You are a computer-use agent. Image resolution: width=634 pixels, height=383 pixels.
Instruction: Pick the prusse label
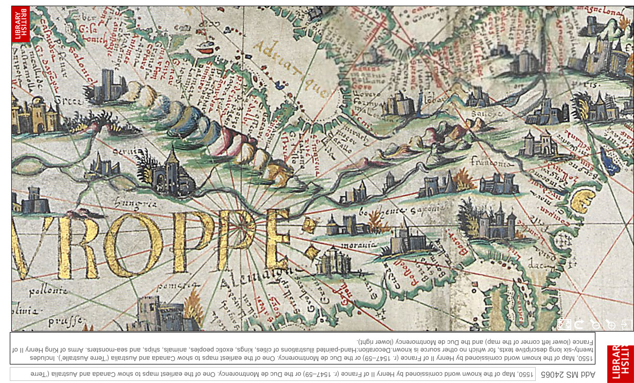click(65, 322)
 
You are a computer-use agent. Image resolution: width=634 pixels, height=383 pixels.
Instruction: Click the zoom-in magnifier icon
click(611, 324)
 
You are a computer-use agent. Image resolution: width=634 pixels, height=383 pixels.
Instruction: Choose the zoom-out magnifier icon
click(595, 324)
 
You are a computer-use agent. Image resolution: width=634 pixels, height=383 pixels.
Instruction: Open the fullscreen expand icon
click(564, 324)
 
